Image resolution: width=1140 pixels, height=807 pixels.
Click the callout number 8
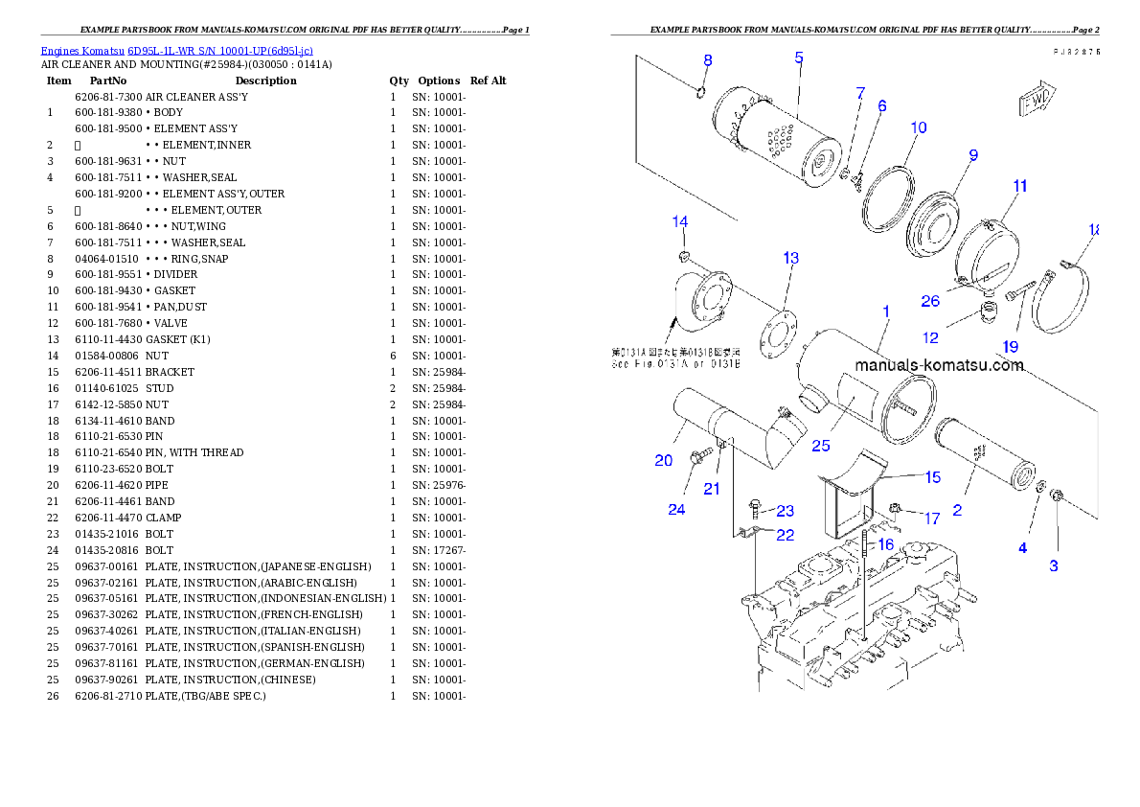click(x=708, y=60)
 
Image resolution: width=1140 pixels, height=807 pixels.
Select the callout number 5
click(x=799, y=58)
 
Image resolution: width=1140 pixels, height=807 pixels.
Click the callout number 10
click(x=918, y=127)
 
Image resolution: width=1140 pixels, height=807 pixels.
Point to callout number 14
click(x=679, y=222)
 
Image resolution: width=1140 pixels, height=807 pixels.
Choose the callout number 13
click(x=790, y=258)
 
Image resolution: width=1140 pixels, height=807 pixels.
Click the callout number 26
click(x=930, y=301)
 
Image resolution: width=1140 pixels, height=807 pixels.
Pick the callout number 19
click(x=1011, y=347)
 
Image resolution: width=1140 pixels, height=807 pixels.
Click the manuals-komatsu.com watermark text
click(x=939, y=365)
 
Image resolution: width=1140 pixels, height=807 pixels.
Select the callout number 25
click(x=821, y=445)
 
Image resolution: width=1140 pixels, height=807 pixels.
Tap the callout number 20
click(x=664, y=461)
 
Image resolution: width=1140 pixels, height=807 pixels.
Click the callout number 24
click(x=676, y=509)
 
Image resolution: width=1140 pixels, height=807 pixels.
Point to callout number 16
click(x=885, y=544)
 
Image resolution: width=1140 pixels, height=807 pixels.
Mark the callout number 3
click(x=1054, y=565)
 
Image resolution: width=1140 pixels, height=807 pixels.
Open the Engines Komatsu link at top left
click(x=176, y=50)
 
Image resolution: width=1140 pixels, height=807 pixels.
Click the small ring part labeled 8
click(x=698, y=92)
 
